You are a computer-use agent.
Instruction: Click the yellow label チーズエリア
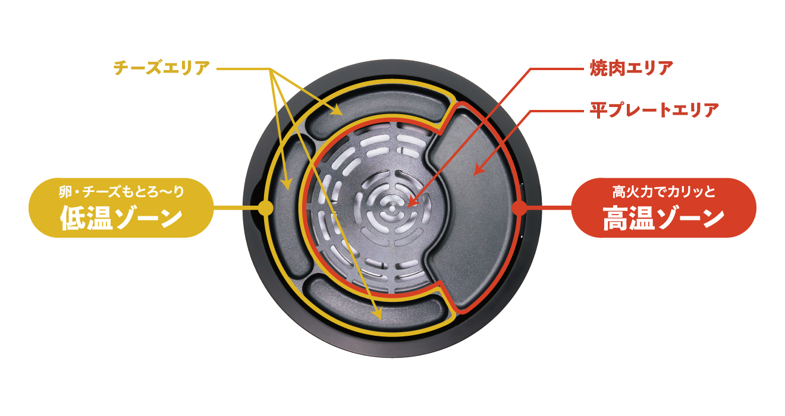[x=162, y=68]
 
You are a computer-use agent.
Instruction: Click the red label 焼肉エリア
[x=631, y=68]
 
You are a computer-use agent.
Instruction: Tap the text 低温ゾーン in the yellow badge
[x=121, y=218]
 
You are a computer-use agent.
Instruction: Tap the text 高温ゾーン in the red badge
[x=664, y=218]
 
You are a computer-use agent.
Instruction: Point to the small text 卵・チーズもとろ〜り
[x=121, y=192]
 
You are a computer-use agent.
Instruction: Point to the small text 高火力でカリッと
[x=664, y=192]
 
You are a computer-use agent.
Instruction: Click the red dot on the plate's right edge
[x=519, y=208]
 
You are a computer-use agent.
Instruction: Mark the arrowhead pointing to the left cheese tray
[x=287, y=185]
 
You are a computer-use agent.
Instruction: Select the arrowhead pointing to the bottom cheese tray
[x=378, y=314]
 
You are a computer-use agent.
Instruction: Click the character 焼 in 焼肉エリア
[x=598, y=68]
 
